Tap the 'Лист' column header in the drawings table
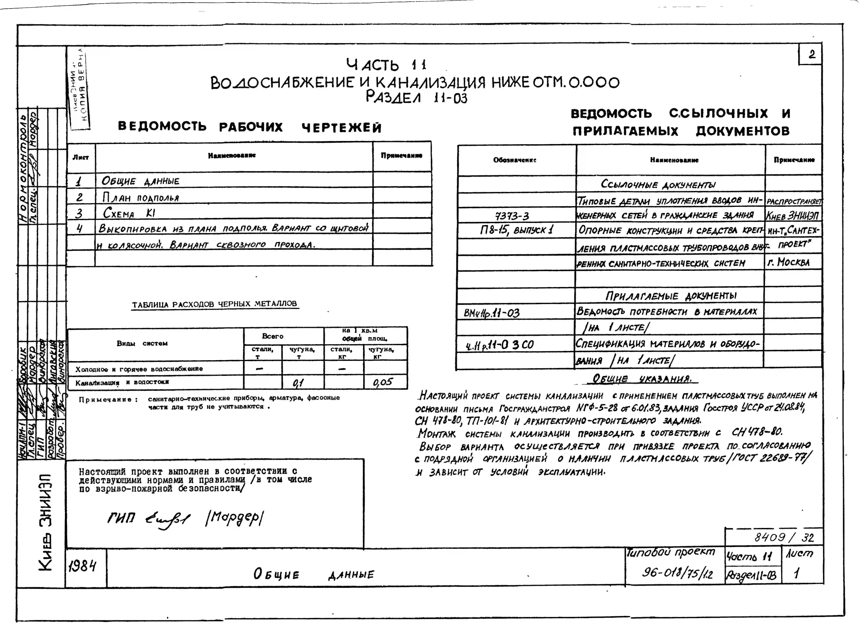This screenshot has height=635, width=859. (x=81, y=157)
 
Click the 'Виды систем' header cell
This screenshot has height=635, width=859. (x=142, y=343)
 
